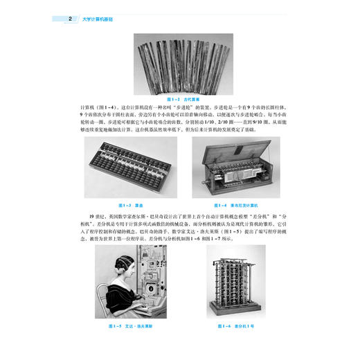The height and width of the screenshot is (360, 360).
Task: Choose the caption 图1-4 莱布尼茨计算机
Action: coord(235,205)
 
